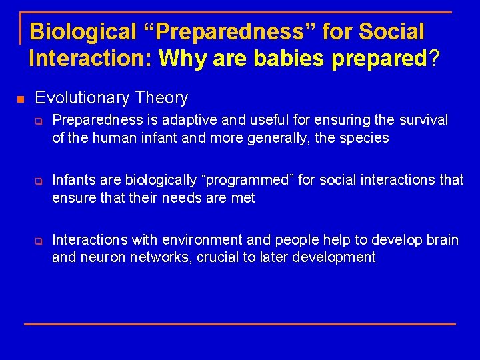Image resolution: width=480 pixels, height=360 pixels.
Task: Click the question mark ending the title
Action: (x=434, y=59)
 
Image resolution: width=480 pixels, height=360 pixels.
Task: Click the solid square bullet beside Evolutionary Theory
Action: (x=21, y=99)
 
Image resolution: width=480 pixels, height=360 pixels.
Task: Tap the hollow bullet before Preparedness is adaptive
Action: (x=39, y=121)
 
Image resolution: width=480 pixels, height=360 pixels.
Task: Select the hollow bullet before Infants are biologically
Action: (x=39, y=181)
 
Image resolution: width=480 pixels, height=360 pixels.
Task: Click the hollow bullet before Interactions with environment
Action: (x=39, y=241)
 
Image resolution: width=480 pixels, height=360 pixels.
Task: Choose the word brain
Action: (x=441, y=240)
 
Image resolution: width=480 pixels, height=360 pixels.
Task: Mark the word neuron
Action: (x=102, y=257)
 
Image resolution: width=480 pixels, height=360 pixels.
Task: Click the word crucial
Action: (x=220, y=257)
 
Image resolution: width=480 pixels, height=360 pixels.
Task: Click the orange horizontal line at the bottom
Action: (x=240, y=324)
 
